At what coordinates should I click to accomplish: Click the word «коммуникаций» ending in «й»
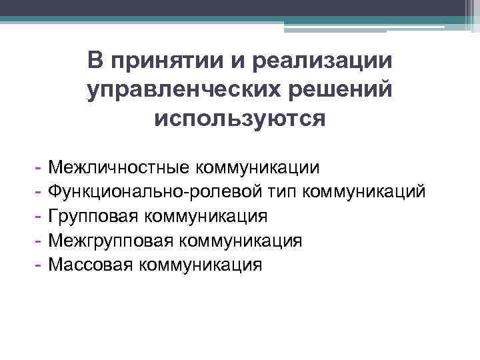363,192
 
